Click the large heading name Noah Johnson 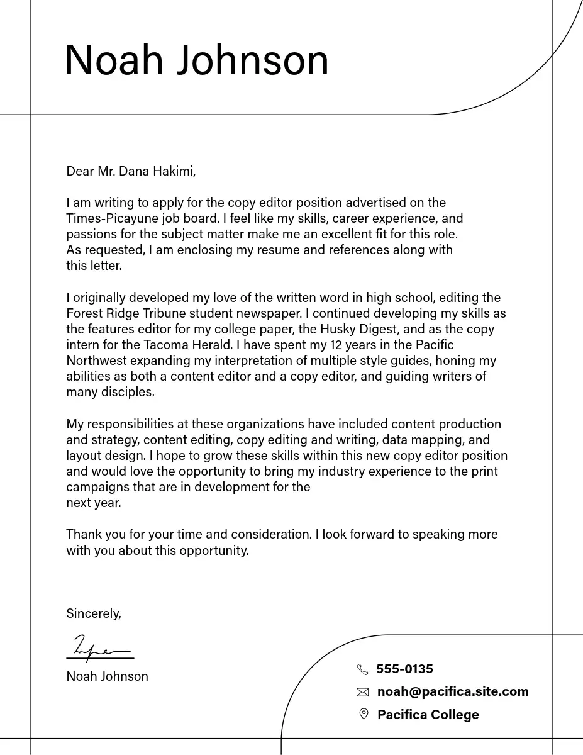pyautogui.click(x=197, y=60)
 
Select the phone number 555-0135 pyautogui.click(x=404, y=669)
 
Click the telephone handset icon pyautogui.click(x=362, y=669)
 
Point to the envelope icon pyautogui.click(x=362, y=692)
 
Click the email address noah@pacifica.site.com pyautogui.click(x=453, y=691)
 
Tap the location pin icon pyautogui.click(x=363, y=714)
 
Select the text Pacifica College pyautogui.click(x=428, y=715)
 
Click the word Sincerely pyautogui.click(x=93, y=613)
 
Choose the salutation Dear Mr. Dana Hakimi pyautogui.click(x=131, y=171)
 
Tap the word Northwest pyautogui.click(x=96, y=361)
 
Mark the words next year pyautogui.click(x=93, y=503)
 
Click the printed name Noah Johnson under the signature pyautogui.click(x=107, y=676)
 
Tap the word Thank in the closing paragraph pyautogui.click(x=83, y=534)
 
